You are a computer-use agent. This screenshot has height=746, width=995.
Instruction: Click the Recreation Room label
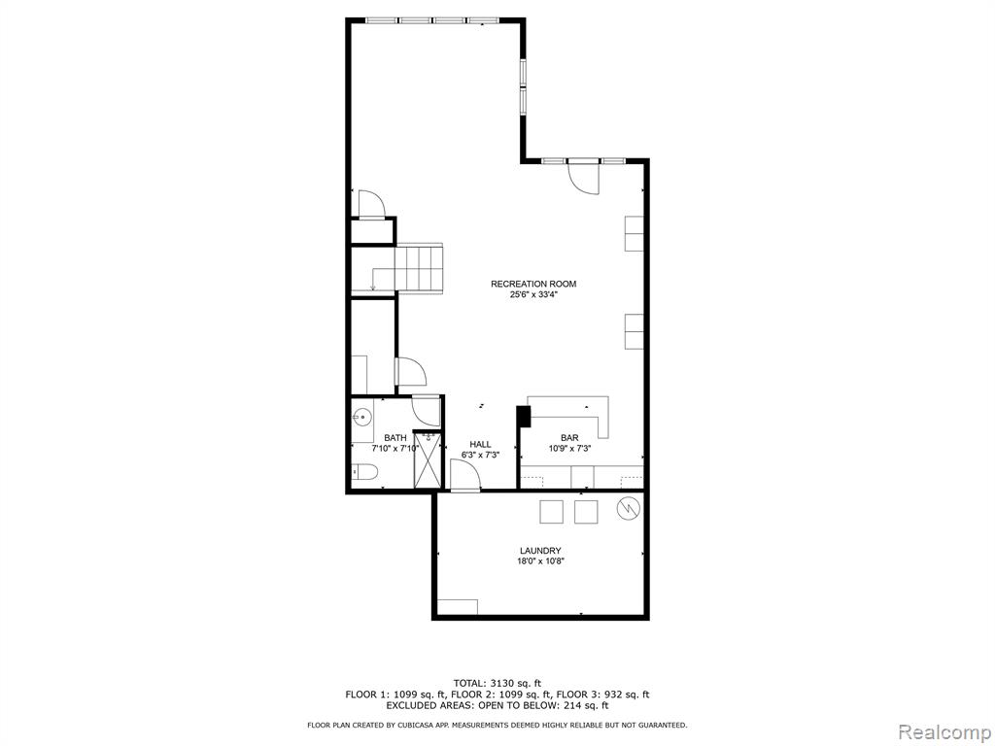point(533,285)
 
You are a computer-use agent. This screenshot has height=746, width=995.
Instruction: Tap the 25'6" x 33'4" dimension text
point(533,295)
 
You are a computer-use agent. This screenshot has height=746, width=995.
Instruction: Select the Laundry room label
point(540,551)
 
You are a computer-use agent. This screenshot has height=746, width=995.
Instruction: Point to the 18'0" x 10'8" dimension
point(540,561)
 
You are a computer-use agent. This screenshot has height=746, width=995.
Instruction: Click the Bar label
point(569,438)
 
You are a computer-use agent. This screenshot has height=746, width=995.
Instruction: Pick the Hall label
point(480,444)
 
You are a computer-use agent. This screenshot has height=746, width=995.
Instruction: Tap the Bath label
point(395,438)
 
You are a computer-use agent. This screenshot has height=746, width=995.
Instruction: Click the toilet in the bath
point(365,473)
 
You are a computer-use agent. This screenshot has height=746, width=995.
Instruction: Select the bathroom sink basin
point(362,417)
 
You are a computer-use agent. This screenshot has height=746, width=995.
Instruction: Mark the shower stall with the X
point(428,459)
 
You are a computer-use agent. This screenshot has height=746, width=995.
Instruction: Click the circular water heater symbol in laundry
point(629,507)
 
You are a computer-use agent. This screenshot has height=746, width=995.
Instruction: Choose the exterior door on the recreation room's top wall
point(584,177)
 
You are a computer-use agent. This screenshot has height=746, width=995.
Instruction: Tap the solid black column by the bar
point(524,417)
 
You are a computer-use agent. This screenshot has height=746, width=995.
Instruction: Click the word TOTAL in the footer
point(469,683)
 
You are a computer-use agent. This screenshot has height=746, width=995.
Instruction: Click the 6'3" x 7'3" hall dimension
point(480,455)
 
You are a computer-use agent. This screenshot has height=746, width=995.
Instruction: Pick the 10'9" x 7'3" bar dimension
point(569,449)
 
